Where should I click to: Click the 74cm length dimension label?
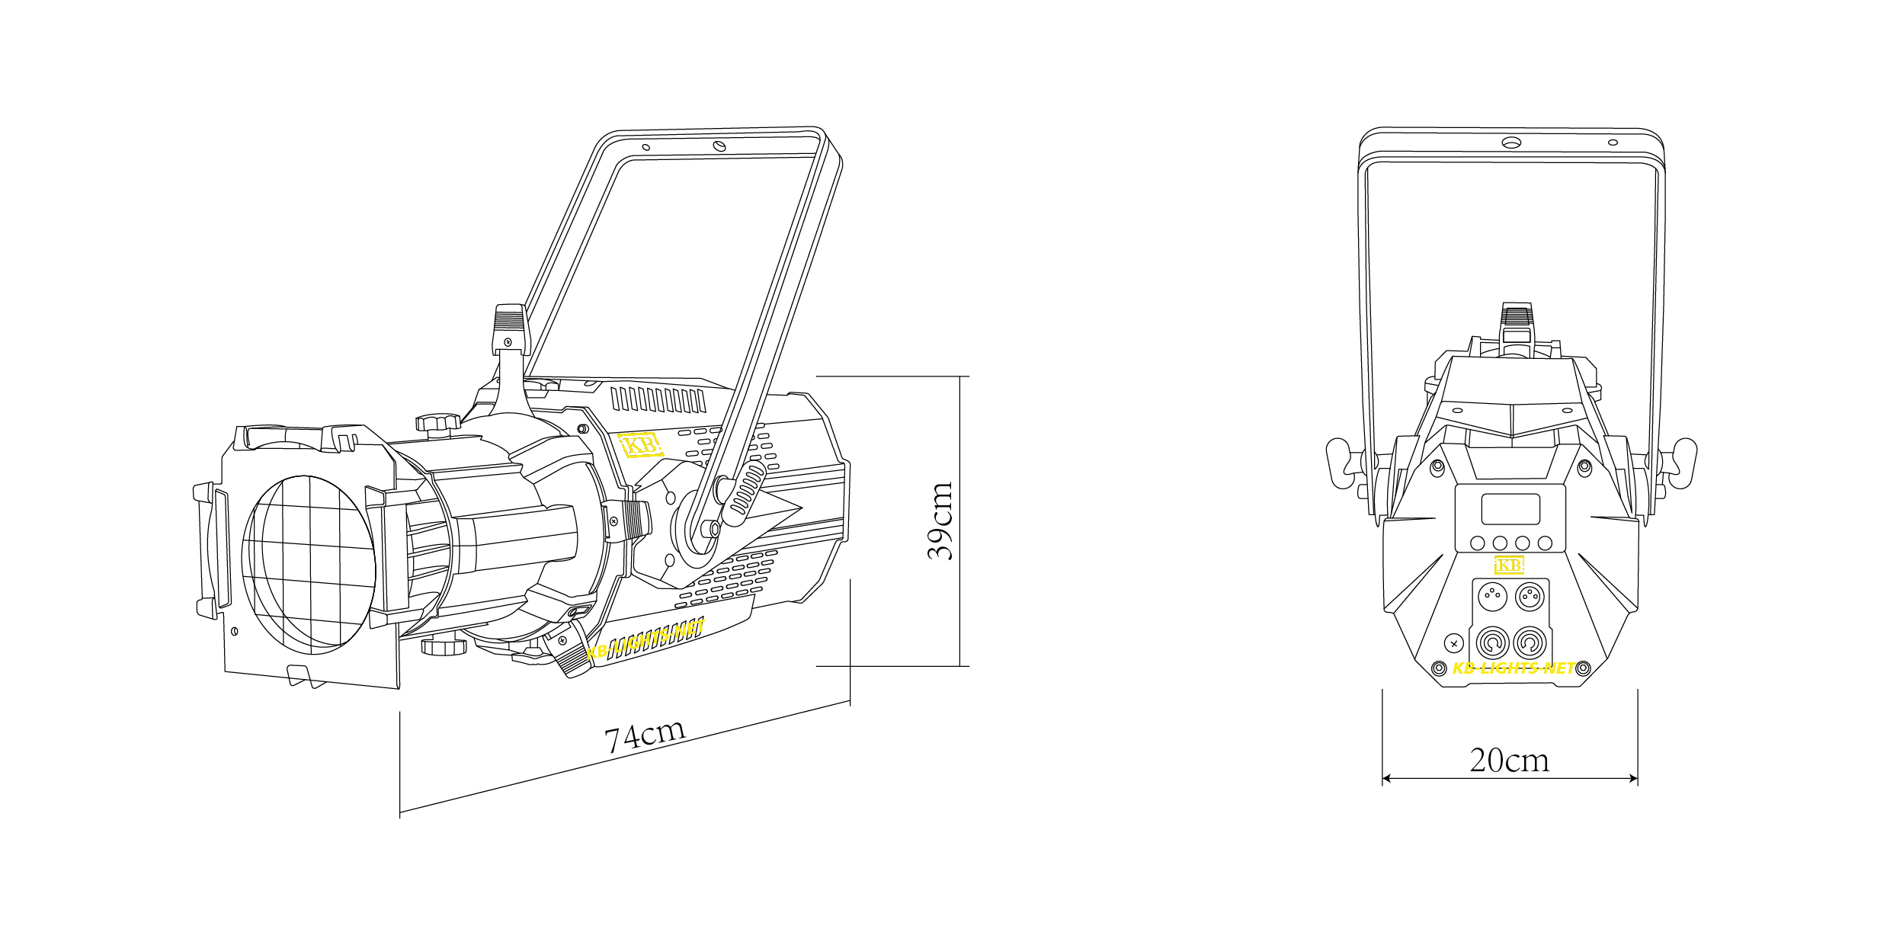click(x=645, y=735)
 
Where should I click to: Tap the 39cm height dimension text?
click(x=940, y=521)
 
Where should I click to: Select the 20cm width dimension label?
click(x=1509, y=761)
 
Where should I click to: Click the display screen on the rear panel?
click(x=1510, y=509)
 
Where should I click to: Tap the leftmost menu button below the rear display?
click(x=1477, y=543)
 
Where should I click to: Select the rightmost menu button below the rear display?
click(x=1545, y=543)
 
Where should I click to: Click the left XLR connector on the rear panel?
click(x=1492, y=595)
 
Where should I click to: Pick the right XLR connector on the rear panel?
click(x=1529, y=595)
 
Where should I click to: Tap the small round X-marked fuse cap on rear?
click(x=1454, y=643)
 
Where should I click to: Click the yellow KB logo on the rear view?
click(x=1509, y=565)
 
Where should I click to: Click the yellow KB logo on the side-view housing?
click(x=639, y=444)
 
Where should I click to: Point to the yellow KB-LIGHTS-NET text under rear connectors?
click(x=1514, y=668)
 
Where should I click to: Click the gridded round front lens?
click(x=309, y=565)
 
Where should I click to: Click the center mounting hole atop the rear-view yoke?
click(x=1511, y=143)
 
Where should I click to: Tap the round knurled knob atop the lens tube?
click(x=437, y=421)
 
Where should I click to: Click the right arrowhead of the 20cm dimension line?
click(x=1633, y=778)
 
